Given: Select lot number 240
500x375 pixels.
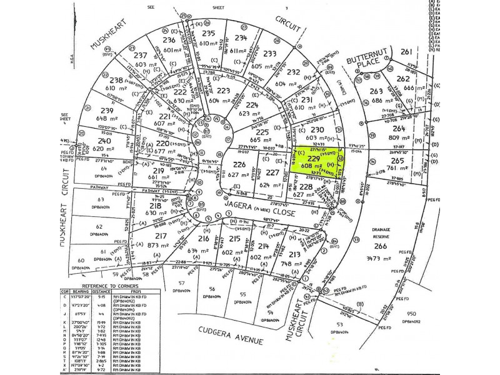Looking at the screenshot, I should [104, 141].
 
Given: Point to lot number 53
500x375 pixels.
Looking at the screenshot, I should [341, 324].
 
